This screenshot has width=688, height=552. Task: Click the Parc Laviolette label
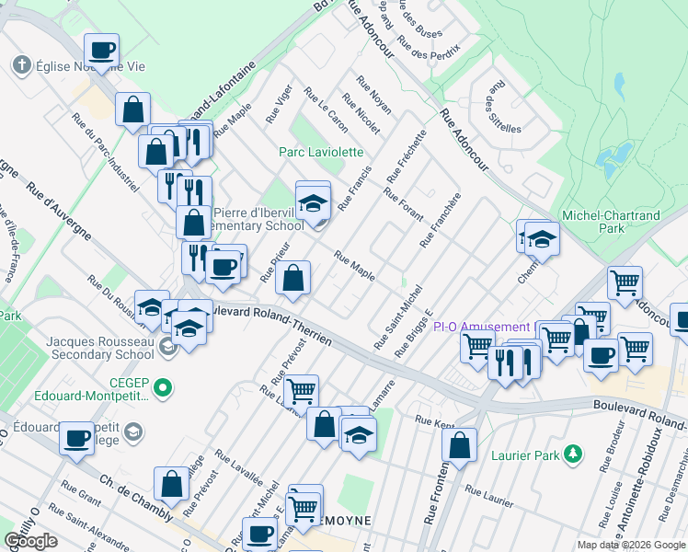click(x=321, y=152)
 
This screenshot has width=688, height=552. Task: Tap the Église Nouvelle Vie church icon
click(x=21, y=65)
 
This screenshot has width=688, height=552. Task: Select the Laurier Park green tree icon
click(x=574, y=454)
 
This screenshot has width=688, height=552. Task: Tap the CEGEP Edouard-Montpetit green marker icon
click(x=164, y=388)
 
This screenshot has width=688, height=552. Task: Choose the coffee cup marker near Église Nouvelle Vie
click(x=102, y=51)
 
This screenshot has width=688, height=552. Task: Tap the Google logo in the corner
click(x=30, y=541)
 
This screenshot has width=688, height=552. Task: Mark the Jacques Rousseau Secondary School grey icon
click(x=166, y=347)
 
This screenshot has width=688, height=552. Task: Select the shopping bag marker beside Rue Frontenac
click(x=459, y=445)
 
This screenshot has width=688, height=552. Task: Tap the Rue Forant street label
click(x=404, y=205)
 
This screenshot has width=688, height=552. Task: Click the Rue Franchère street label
click(x=440, y=220)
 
